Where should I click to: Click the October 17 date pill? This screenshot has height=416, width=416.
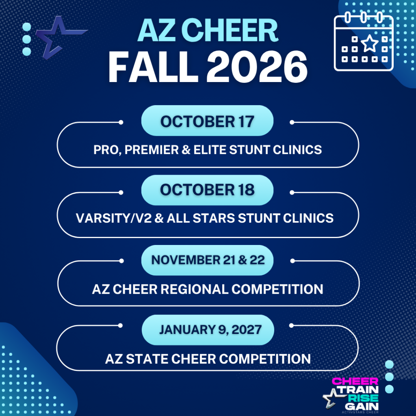pos(207,121)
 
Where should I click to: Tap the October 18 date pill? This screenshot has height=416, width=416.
pos(207,190)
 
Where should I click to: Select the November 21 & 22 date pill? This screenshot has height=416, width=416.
pos(207,260)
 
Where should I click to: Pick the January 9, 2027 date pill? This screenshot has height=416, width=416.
pos(208,330)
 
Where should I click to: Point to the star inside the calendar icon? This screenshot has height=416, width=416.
pos(370,43)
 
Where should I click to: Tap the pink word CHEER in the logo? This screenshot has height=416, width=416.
pos(355,381)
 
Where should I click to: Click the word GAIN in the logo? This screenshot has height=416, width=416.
pos(362,406)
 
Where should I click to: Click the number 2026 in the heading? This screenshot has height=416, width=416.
pos(257,67)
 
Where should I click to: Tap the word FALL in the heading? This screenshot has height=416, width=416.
pos(153,67)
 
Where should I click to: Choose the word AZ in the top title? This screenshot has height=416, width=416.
pos(156,30)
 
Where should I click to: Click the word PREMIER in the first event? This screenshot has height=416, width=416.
pos(152,149)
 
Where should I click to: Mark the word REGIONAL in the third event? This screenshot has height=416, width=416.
pos(194,289)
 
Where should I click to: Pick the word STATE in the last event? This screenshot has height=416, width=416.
pos(147,359)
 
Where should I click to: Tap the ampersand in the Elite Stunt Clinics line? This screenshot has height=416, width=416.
pos(186,149)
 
